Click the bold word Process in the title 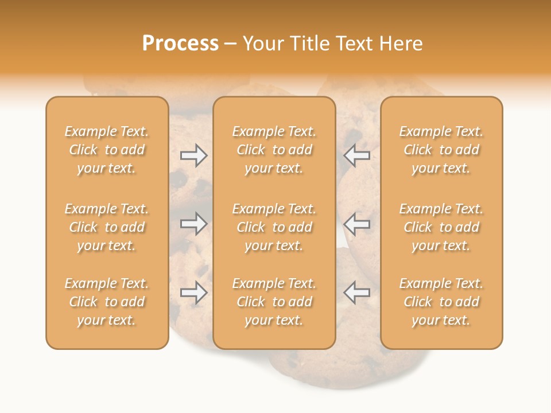point(180,44)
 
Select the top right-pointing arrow point(194,155)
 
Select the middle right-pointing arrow point(194,224)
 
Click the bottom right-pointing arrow point(194,293)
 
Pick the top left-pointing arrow point(356,155)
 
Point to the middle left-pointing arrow point(356,224)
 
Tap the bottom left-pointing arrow point(356,293)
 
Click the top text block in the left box point(107,150)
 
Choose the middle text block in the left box point(107,227)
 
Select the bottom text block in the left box point(107,302)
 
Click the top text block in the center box point(274,150)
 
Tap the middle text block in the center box point(274,227)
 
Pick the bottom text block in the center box point(274,302)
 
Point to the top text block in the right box point(441,150)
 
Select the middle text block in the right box point(441,227)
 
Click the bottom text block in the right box point(441,302)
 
